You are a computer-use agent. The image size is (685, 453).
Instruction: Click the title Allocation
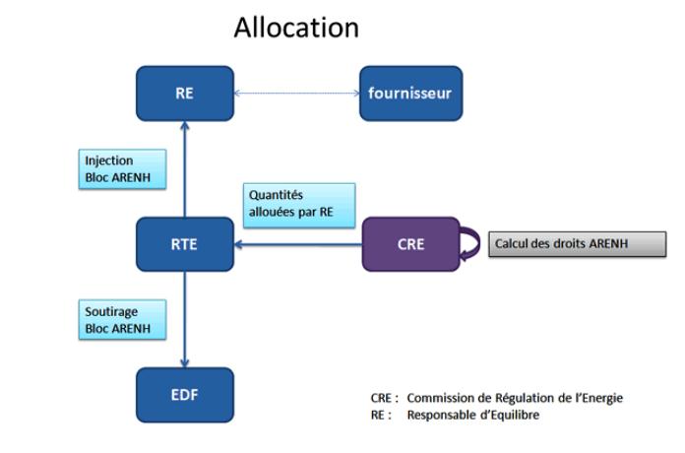(296, 28)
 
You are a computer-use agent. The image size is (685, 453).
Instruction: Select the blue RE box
(184, 94)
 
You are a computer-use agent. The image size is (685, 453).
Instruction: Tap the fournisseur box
(410, 94)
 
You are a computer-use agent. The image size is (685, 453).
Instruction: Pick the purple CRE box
(410, 243)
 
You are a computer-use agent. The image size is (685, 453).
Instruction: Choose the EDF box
(184, 394)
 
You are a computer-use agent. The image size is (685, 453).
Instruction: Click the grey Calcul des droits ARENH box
(577, 243)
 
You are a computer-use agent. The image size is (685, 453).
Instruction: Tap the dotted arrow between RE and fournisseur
(296, 95)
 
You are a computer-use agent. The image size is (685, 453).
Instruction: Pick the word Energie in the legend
(600, 398)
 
